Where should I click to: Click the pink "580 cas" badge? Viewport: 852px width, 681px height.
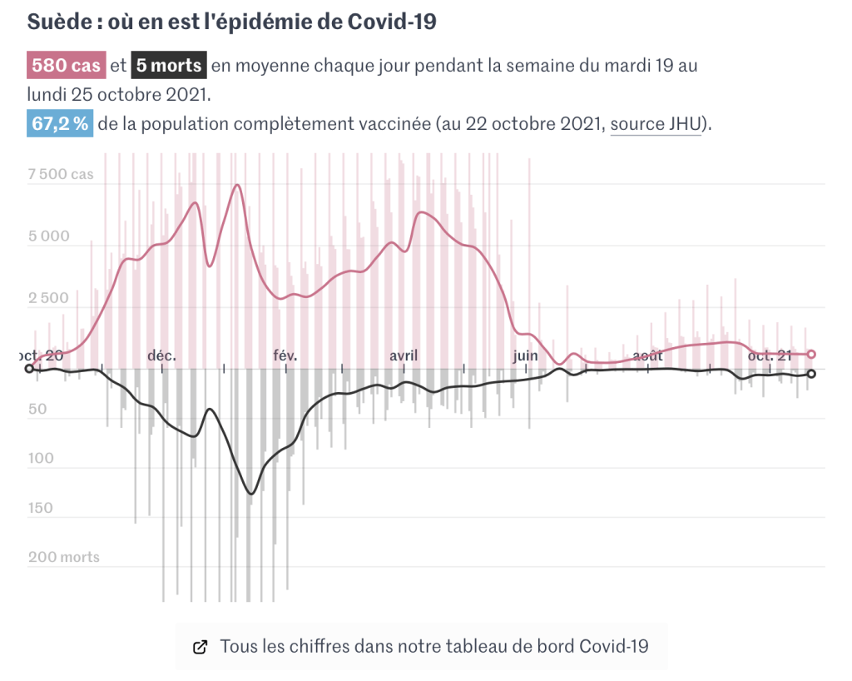[x=66, y=65]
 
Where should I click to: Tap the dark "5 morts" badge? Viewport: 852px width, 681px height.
[x=169, y=65]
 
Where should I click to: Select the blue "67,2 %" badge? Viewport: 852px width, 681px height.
[x=60, y=124]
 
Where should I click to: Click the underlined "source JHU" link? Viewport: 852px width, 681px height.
[x=656, y=124]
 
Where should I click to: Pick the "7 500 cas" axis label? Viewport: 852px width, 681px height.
[x=61, y=175]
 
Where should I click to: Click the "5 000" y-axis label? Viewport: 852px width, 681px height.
[x=49, y=236]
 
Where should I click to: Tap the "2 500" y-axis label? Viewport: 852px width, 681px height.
[x=49, y=298]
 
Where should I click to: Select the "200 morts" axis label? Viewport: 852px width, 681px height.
[x=64, y=557]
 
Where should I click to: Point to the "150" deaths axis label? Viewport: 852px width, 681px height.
[x=41, y=508]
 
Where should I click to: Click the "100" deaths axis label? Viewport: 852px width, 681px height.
[x=41, y=459]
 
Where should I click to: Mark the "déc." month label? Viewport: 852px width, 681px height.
[x=161, y=355]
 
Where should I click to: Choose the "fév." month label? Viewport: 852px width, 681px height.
[x=285, y=355]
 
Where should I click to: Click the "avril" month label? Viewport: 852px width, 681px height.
[x=404, y=355]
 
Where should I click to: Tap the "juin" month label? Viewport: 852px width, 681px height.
[x=525, y=355]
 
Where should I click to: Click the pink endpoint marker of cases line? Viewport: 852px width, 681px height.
[x=812, y=354]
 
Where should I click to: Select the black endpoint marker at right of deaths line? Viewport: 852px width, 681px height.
[x=812, y=374]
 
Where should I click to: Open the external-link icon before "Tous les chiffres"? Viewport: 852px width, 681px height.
[x=200, y=647]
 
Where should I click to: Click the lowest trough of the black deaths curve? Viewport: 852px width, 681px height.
[x=251, y=494]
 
